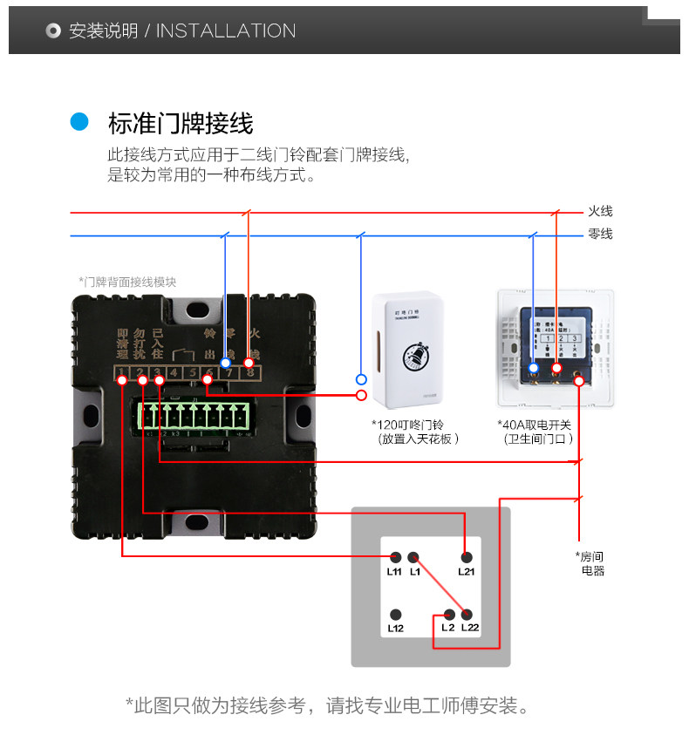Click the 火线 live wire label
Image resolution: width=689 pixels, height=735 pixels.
click(600, 212)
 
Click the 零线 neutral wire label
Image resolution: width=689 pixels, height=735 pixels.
click(600, 234)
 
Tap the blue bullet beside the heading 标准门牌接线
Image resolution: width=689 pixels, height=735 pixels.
click(80, 122)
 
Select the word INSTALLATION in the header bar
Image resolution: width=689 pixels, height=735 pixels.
click(226, 31)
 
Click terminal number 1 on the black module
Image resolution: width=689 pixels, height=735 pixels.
click(122, 374)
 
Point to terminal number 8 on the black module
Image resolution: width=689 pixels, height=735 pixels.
click(250, 374)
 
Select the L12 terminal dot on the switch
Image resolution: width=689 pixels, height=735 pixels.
click(395, 614)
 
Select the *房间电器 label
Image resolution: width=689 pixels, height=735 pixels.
click(591, 563)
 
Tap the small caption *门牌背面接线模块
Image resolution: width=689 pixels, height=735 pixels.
click(127, 282)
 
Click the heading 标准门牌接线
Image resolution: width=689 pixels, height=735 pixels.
click(181, 123)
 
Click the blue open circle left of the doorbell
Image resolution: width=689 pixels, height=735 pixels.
click(361, 379)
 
